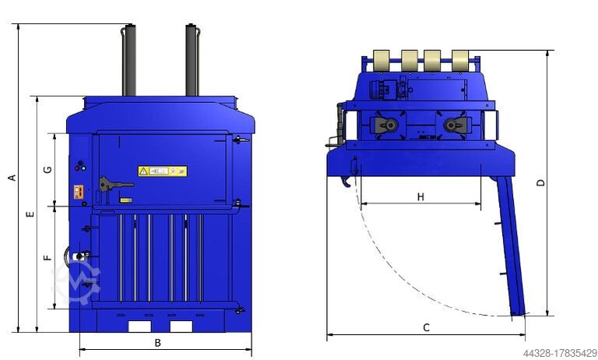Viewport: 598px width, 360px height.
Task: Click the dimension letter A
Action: (12, 178)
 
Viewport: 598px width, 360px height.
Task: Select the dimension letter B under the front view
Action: (157, 343)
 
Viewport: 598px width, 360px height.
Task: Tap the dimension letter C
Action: (427, 327)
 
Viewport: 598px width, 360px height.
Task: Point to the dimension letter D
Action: (541, 183)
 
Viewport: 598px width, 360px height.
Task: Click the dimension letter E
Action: (30, 214)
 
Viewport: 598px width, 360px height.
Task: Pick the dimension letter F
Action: (47, 257)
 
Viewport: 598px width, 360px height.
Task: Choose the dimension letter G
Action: (47, 170)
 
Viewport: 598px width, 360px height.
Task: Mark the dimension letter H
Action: (420, 197)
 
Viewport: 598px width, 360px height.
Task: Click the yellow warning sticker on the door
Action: (163, 171)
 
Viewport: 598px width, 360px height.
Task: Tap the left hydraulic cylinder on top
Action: (128, 60)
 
